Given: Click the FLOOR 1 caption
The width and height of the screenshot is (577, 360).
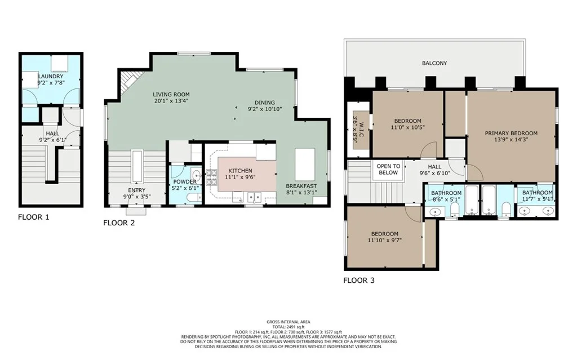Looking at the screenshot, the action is point(33,217).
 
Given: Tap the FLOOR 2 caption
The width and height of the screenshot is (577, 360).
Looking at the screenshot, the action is point(119,223).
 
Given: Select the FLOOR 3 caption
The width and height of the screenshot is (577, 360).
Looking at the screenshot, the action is point(359,281).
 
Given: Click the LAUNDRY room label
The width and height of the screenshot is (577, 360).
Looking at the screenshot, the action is point(51,76).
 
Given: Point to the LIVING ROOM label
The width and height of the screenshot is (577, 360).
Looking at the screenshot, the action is point(171,95).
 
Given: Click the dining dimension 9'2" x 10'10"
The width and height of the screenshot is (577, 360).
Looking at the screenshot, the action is point(265,109).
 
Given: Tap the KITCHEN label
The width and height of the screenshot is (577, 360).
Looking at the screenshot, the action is point(240,171).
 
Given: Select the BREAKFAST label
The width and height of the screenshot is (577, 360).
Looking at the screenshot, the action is point(301,186).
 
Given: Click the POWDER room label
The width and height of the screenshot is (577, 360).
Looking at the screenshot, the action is point(185,182).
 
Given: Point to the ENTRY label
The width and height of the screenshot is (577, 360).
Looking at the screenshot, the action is point(136,190).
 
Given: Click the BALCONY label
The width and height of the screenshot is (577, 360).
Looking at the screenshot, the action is point(434,63).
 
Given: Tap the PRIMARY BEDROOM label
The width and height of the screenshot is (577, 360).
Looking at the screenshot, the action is point(511,134).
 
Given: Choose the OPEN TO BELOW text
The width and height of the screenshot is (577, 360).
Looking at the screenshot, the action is point(388,170).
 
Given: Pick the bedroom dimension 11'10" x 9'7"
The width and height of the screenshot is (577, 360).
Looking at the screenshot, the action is point(384,241).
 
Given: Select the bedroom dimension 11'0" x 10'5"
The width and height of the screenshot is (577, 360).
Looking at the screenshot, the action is point(408,127).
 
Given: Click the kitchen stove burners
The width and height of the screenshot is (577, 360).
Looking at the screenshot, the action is point(212,177).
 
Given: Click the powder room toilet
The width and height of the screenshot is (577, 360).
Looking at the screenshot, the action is point(193,198).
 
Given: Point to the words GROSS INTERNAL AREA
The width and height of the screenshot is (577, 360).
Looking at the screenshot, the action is point(288,322).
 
